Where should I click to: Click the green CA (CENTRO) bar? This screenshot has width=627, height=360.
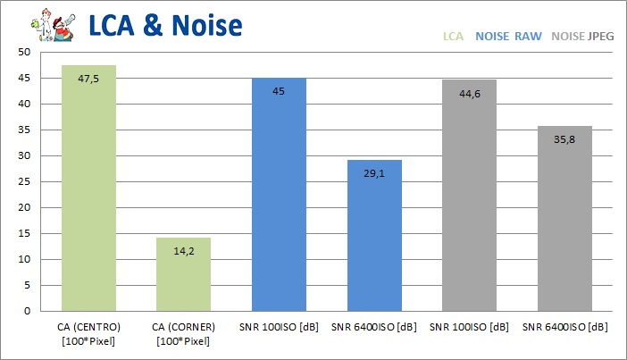[x=88, y=188]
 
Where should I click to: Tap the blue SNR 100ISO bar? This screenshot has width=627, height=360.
[x=279, y=195]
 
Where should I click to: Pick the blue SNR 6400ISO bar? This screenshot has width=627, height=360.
[x=374, y=236]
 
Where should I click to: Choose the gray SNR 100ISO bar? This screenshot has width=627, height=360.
[x=469, y=196]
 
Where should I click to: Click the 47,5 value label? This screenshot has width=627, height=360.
[x=88, y=79]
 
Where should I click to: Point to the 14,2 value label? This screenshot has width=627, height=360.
[x=183, y=251]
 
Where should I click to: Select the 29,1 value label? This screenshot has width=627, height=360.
[x=374, y=174]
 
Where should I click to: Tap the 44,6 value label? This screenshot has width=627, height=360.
[x=469, y=93]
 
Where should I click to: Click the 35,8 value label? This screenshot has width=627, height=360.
[x=564, y=139]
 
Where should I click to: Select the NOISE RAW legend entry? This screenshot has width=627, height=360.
[x=508, y=38]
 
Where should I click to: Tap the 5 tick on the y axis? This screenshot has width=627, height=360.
[x=28, y=286]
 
